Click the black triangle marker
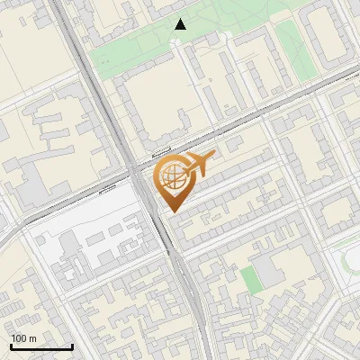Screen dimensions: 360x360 tap(181, 24)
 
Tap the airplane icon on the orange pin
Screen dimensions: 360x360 tap(198, 165)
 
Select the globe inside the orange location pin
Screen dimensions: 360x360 tap(171, 176)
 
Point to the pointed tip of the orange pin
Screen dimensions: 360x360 tap(171, 211)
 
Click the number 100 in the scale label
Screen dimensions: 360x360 tap(19, 338)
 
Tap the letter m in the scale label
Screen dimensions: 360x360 tap(32, 338)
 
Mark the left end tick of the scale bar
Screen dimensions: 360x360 tap(11, 346)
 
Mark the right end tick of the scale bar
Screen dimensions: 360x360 tap(72, 346)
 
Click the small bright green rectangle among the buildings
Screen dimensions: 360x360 tap(251, 279)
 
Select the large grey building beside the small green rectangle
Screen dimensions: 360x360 tap(270, 269)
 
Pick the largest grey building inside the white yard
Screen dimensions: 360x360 tap(70, 246)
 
